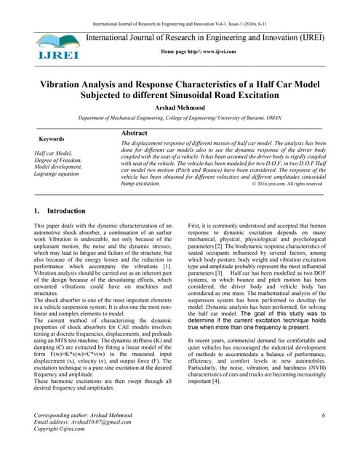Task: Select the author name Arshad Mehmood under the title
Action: [180, 106]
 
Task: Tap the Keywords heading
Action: [51, 139]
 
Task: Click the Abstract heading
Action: [135, 134]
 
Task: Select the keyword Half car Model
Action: [54, 154]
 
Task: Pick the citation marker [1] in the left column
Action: [167, 288]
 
